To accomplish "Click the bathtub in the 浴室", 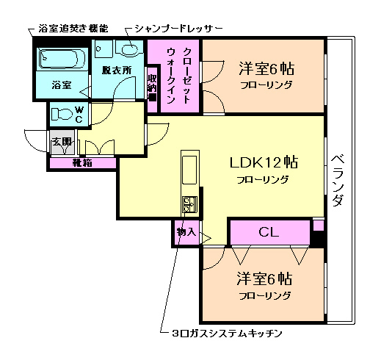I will (x=62, y=57).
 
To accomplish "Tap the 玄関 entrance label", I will (x=61, y=142).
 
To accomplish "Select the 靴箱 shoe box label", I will (x=81, y=163).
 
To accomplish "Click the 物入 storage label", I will (x=186, y=232).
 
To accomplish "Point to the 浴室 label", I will (x=62, y=85).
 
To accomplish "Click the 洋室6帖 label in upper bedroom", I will (x=266, y=70).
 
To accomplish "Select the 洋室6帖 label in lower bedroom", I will (x=264, y=279).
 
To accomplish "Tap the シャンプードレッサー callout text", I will (x=174, y=29).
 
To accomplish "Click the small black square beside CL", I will (x=317, y=237).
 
